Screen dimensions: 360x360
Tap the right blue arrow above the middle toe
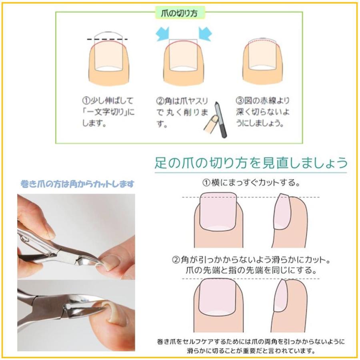(x=204, y=34)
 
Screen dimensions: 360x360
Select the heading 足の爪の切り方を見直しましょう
(x=251, y=163)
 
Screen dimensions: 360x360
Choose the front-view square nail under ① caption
(x=218, y=210)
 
